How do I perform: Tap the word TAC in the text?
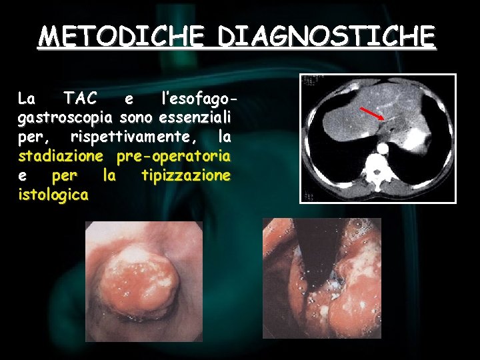coord(80,99)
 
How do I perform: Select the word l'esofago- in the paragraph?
coord(201,99)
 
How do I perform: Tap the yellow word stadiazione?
coord(60,157)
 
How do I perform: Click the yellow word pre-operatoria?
coord(173,157)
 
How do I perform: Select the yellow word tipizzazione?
coord(186,176)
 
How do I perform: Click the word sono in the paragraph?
coord(139,118)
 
